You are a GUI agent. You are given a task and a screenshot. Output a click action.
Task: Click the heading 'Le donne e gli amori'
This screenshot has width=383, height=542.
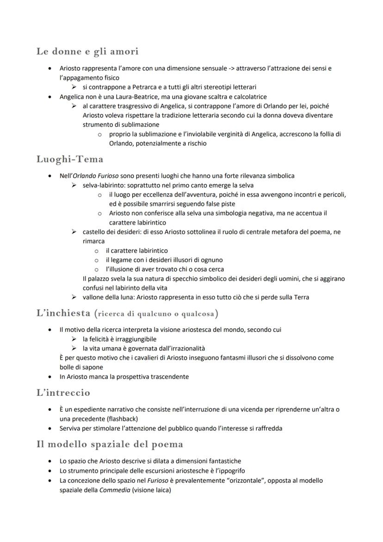[87, 51]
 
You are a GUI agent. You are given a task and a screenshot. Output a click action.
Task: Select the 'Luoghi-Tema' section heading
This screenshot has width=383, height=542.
[69, 159]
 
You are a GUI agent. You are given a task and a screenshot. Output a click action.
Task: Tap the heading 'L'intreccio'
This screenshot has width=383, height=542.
[63, 393]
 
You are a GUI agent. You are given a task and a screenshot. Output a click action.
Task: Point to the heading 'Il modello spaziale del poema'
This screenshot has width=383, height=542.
[110, 444]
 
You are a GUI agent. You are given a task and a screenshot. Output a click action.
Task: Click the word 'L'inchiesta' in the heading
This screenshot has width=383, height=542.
[63, 313]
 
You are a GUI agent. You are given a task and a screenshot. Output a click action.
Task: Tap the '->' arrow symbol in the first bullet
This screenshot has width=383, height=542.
[231, 69]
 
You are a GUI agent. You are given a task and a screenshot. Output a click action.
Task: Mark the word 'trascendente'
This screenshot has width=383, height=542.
[169, 376]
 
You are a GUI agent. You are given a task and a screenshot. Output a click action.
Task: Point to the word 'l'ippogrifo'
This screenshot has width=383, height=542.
[229, 471]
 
